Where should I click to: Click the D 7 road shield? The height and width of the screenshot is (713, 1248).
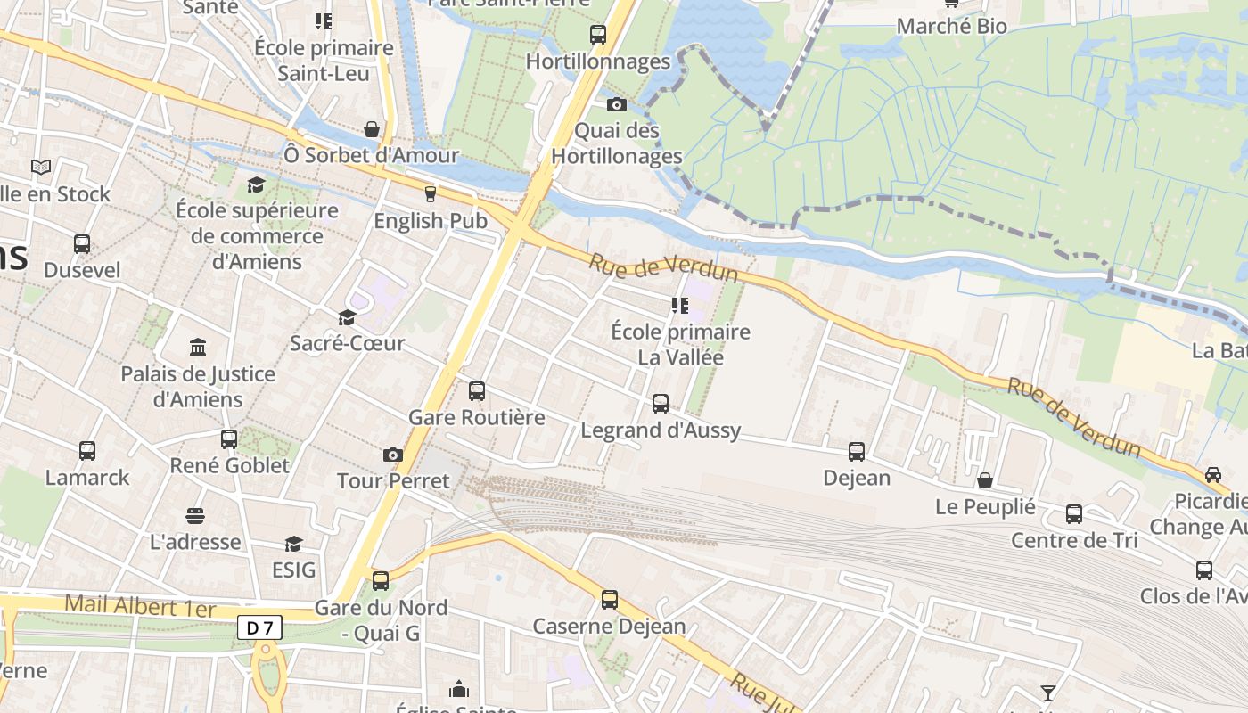(x=259, y=628)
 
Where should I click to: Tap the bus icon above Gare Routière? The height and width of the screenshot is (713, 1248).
(x=477, y=390)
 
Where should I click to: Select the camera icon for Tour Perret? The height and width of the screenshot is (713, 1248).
(x=392, y=455)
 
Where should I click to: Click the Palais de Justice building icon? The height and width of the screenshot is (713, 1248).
(x=198, y=347)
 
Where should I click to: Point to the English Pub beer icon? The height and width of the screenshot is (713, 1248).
(x=431, y=193)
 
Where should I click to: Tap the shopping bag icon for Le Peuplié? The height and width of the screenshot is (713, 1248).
(x=985, y=481)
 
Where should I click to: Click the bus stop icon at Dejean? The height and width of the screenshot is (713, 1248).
(x=857, y=452)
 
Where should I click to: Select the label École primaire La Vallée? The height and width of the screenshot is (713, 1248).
(x=680, y=345)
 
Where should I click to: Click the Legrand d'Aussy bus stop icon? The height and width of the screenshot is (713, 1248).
(x=661, y=404)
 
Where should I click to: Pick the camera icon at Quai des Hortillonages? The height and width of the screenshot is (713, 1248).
(x=616, y=105)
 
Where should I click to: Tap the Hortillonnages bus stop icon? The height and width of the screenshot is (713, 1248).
(x=598, y=35)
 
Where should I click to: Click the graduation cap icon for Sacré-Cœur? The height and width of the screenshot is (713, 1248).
(x=347, y=317)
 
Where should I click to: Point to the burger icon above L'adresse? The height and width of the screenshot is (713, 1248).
(x=195, y=516)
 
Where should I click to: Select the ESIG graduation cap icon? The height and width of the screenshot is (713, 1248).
(x=293, y=544)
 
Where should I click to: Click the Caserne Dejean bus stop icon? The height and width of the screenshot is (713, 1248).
(x=610, y=600)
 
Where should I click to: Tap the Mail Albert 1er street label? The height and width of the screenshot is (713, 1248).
(x=140, y=607)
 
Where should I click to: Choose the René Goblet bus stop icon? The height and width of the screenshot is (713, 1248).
(x=229, y=438)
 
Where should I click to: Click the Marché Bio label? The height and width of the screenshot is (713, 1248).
(x=951, y=26)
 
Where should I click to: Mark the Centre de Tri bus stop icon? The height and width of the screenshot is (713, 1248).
(x=1074, y=514)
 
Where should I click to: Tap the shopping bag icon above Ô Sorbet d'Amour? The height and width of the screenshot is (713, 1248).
(x=372, y=129)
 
